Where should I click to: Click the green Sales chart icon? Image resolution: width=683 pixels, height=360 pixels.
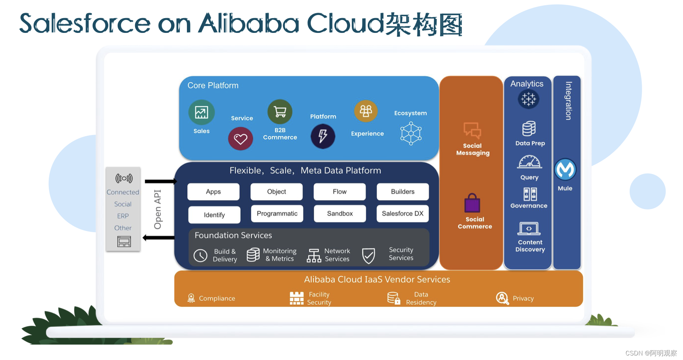coord(201,112)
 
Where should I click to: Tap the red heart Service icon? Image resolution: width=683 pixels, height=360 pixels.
coord(240,139)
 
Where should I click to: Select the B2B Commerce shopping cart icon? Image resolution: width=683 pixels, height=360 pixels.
coord(280,112)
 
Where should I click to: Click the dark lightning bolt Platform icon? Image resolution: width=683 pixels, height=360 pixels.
coord(323,136)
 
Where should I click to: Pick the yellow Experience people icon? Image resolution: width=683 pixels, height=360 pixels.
coord(366,111)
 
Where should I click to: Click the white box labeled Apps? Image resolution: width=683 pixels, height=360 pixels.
coord(213,192)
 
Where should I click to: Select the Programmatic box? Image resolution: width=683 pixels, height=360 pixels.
coord(277,214)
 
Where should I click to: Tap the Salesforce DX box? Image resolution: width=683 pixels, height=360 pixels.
coord(403,214)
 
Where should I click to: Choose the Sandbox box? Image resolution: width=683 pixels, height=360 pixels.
coord(340,214)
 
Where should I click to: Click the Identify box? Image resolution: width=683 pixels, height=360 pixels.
coord(214,215)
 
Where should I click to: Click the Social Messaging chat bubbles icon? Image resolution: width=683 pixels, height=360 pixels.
coord(472,130)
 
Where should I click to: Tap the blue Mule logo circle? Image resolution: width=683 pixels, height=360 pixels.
coord(565,169)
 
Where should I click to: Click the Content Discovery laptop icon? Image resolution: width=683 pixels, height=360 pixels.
coord(529,229)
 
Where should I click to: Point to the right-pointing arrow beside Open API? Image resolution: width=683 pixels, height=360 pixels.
coord(160,182)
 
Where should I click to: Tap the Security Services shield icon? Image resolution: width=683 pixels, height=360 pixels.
coord(368,256)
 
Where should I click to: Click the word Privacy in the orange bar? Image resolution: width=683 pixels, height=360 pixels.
coord(523,298)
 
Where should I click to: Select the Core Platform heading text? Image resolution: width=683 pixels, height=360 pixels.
coord(213,85)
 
